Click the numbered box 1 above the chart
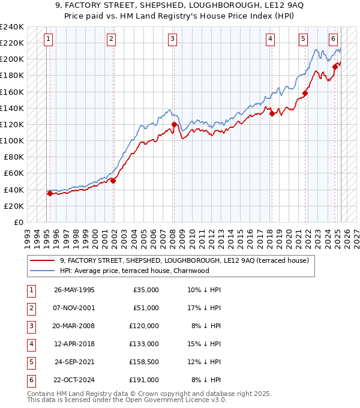(x=47, y=40)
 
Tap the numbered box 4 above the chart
(x=271, y=40)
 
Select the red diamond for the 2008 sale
(x=174, y=125)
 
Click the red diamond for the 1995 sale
(x=50, y=193)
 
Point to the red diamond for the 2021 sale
(x=305, y=93)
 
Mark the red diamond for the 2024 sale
(x=335, y=67)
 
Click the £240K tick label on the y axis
(x=12, y=27)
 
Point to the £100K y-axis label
(x=12, y=140)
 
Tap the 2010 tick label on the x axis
(x=192, y=235)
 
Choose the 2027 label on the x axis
(x=356, y=235)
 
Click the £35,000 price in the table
(x=146, y=290)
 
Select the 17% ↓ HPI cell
(x=205, y=308)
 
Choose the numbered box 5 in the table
(x=31, y=362)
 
